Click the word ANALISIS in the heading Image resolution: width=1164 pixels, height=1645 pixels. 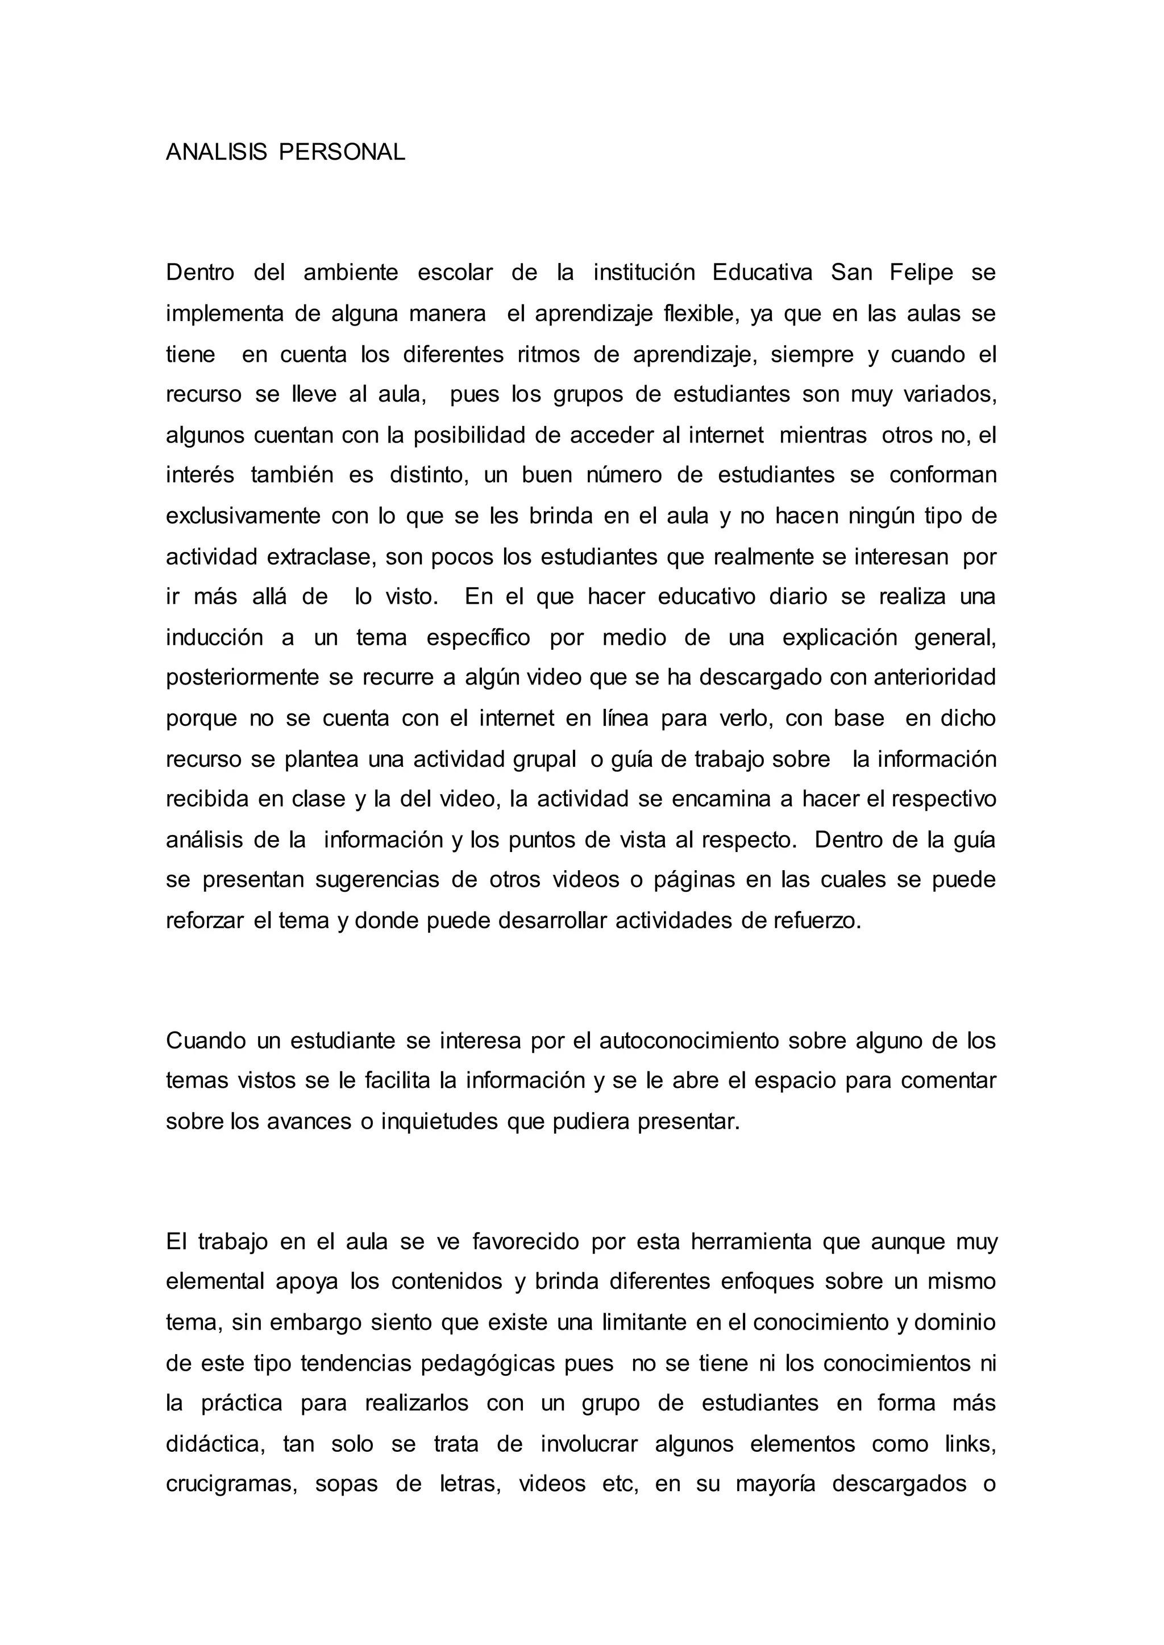pos(216,152)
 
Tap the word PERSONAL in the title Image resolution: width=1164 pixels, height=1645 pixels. pos(342,152)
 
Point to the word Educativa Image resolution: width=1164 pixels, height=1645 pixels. pos(763,273)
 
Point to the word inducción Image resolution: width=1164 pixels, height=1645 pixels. pos(214,638)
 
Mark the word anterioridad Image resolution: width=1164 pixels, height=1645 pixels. pos(925,678)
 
